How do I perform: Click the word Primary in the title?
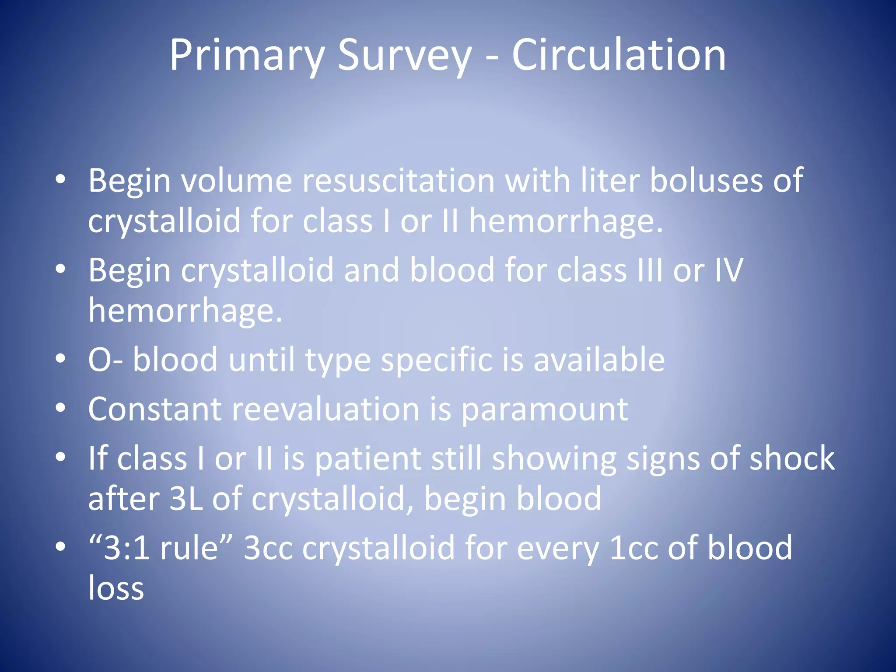pos(247,56)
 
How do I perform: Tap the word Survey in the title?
pos(405,56)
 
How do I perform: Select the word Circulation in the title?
pos(619,55)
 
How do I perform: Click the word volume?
pos(237,180)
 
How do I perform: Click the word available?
pos(599,360)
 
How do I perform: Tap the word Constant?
pos(154,409)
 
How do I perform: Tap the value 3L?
pos(186,499)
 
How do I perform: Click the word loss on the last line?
pos(116,588)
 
